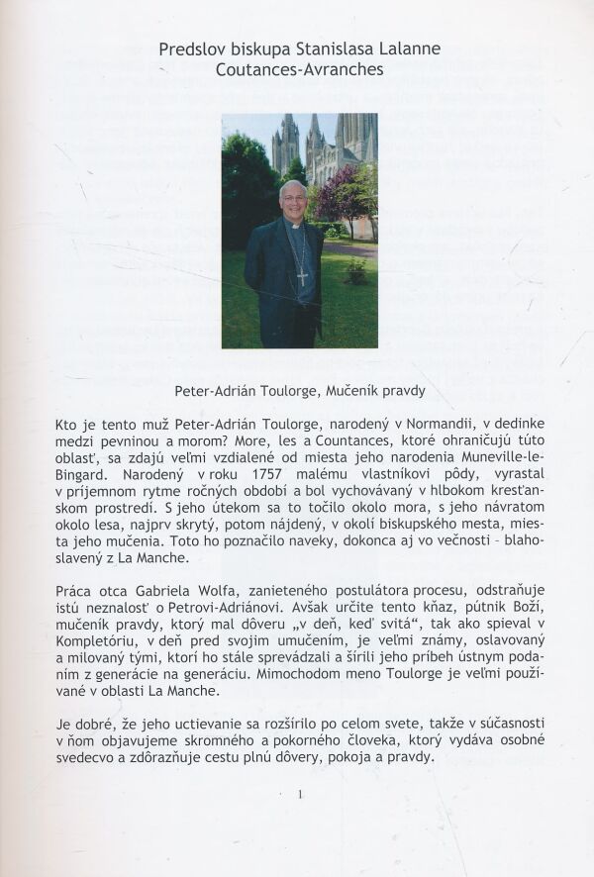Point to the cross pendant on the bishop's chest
click(301, 276)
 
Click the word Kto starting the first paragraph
click(66, 426)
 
